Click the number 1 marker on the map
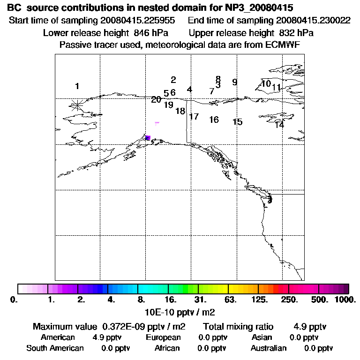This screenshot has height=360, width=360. (x=77, y=86)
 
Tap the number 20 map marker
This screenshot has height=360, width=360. (x=156, y=99)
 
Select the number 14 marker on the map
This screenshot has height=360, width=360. (x=279, y=125)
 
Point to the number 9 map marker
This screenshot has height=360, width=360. (x=234, y=82)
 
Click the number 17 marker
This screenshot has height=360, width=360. (x=194, y=116)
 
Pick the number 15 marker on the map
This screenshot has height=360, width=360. (x=237, y=122)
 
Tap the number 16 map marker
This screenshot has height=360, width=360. (x=214, y=120)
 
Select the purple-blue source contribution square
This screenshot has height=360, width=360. (x=148, y=137)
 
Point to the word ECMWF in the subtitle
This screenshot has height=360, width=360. (x=283, y=45)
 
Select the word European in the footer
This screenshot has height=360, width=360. (x=163, y=337)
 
